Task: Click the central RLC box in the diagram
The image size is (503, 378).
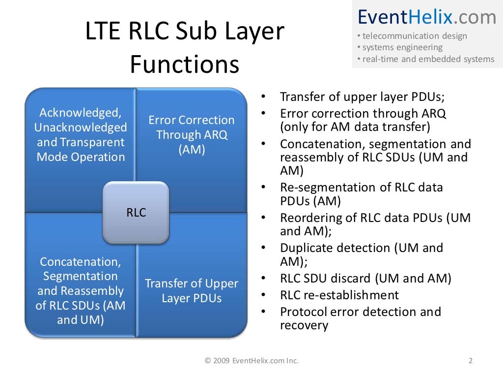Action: pyautogui.click(x=136, y=213)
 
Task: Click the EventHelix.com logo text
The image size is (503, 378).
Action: pyautogui.click(x=426, y=17)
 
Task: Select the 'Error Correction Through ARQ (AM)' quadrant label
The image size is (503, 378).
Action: pyautogui.click(x=192, y=135)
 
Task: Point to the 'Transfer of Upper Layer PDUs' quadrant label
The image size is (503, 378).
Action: pyautogui.click(x=192, y=291)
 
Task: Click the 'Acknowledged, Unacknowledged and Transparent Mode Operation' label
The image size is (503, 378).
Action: pyautogui.click(x=81, y=135)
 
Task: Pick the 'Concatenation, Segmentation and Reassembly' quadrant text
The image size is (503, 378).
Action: pyautogui.click(x=81, y=291)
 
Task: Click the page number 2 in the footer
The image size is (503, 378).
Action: pyautogui.click(x=471, y=361)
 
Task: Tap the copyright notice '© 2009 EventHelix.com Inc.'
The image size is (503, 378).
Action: pyautogui.click(x=251, y=361)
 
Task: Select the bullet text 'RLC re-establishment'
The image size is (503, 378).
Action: pyautogui.click(x=339, y=295)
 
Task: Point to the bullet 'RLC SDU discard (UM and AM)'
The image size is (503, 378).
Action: pyautogui.click(x=365, y=279)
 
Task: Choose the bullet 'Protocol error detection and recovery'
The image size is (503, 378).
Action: pyautogui.click(x=360, y=318)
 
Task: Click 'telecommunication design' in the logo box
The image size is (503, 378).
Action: pyautogui.click(x=414, y=36)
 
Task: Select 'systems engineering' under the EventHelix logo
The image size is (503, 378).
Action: pyautogui.click(x=402, y=48)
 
